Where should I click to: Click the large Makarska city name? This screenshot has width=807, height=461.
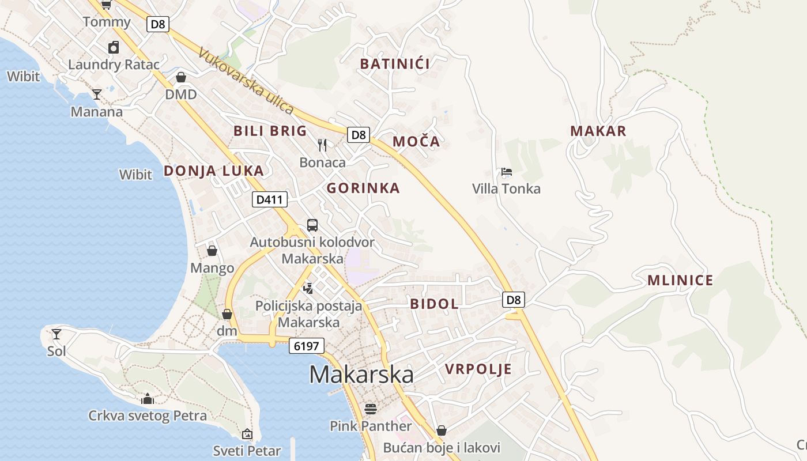361,375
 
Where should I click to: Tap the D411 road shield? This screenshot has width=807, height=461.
270,200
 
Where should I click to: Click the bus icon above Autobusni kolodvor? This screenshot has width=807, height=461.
312,225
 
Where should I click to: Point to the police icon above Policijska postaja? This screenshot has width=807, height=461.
308,288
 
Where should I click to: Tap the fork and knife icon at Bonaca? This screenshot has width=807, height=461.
322,145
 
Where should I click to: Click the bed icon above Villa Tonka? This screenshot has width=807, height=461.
507,171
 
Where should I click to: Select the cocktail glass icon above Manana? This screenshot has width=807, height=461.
97,94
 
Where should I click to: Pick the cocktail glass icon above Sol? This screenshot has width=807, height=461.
56,334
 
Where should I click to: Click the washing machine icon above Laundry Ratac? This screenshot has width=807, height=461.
114,47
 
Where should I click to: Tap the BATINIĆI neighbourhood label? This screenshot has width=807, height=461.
395,64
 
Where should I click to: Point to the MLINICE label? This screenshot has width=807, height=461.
680,281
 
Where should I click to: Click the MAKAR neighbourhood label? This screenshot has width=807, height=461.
598,131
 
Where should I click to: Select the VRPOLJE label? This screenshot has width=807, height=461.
478,369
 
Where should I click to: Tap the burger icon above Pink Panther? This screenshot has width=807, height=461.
370,409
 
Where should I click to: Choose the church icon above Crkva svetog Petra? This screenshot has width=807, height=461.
148,399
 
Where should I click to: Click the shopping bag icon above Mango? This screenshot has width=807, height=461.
212,251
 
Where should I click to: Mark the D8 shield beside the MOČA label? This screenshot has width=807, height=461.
359,135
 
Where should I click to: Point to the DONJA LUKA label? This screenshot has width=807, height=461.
214,171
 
